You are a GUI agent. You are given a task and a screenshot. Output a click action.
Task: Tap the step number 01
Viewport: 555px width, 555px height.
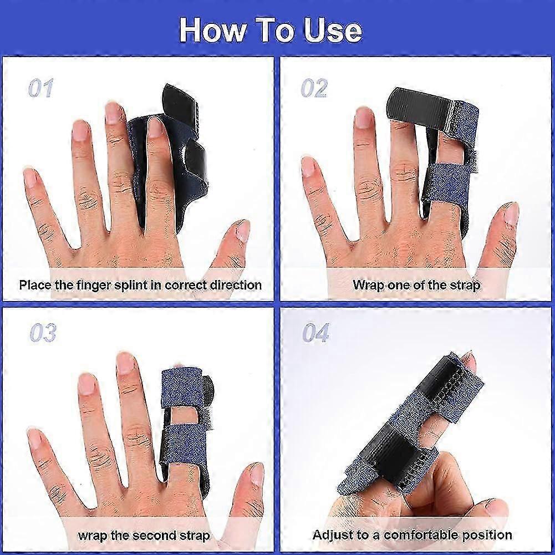pyautogui.click(x=40, y=88)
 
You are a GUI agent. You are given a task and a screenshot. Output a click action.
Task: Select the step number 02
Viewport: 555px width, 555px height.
pyautogui.click(x=314, y=88)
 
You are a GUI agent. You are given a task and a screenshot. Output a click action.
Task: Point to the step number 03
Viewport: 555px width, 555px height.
pyautogui.click(x=43, y=333)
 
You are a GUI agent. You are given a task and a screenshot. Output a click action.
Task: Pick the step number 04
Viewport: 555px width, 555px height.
pyautogui.click(x=315, y=333)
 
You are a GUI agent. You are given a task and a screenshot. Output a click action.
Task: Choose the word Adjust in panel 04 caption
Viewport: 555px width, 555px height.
pyautogui.click(x=334, y=535)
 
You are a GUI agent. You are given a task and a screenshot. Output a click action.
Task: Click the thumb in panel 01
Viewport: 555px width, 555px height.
pyautogui.click(x=236, y=238)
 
